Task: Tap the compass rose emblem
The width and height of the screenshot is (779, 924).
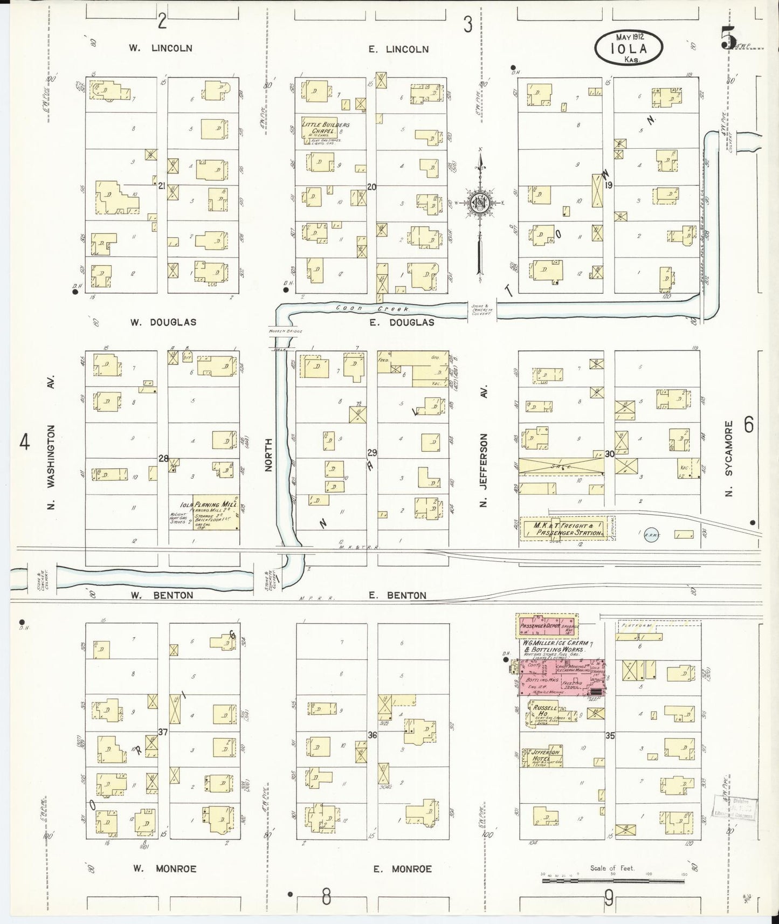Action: click(x=479, y=203)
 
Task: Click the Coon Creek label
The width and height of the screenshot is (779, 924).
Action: click(x=373, y=309)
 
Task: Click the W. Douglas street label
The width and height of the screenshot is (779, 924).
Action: click(x=163, y=322)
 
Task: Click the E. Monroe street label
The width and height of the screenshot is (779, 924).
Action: click(x=403, y=869)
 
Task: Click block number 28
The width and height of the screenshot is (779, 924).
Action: click(x=163, y=459)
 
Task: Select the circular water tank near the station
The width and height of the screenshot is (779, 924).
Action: click(x=651, y=533)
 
